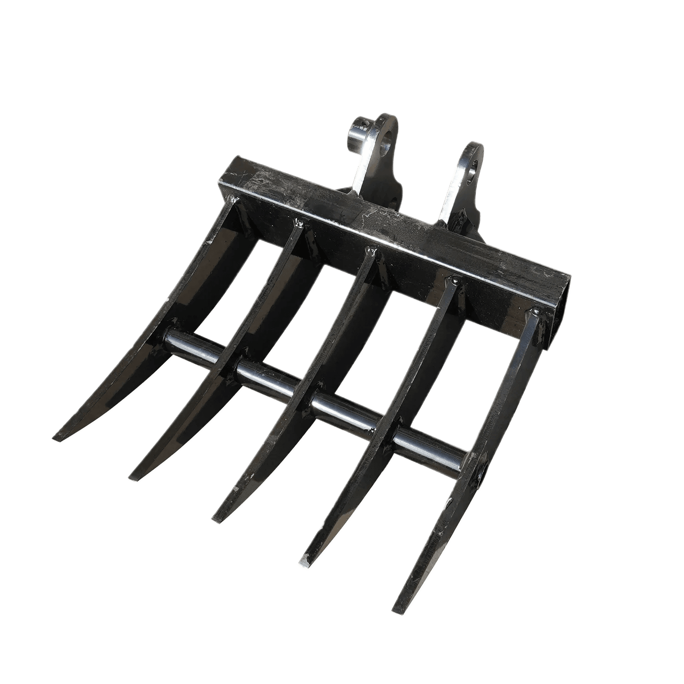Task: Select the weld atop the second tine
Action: click(x=300, y=223)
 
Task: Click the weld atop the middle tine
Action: click(x=370, y=250)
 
